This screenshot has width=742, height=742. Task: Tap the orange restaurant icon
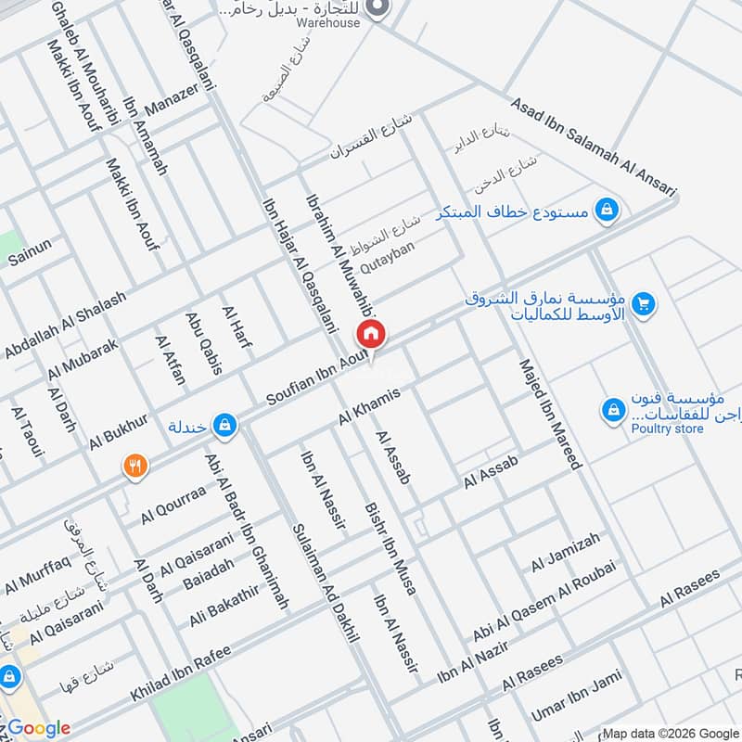(135, 466)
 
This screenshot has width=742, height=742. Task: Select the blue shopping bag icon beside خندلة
(224, 426)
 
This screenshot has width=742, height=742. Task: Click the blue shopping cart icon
(644, 302)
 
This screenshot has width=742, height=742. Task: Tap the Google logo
(39, 728)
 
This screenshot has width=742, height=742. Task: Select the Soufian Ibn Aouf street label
(317, 381)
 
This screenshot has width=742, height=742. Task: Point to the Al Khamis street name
(369, 407)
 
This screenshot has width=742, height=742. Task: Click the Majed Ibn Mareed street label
(549, 413)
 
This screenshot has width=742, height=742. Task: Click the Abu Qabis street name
(205, 343)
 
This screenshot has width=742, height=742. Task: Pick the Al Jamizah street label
(566, 553)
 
